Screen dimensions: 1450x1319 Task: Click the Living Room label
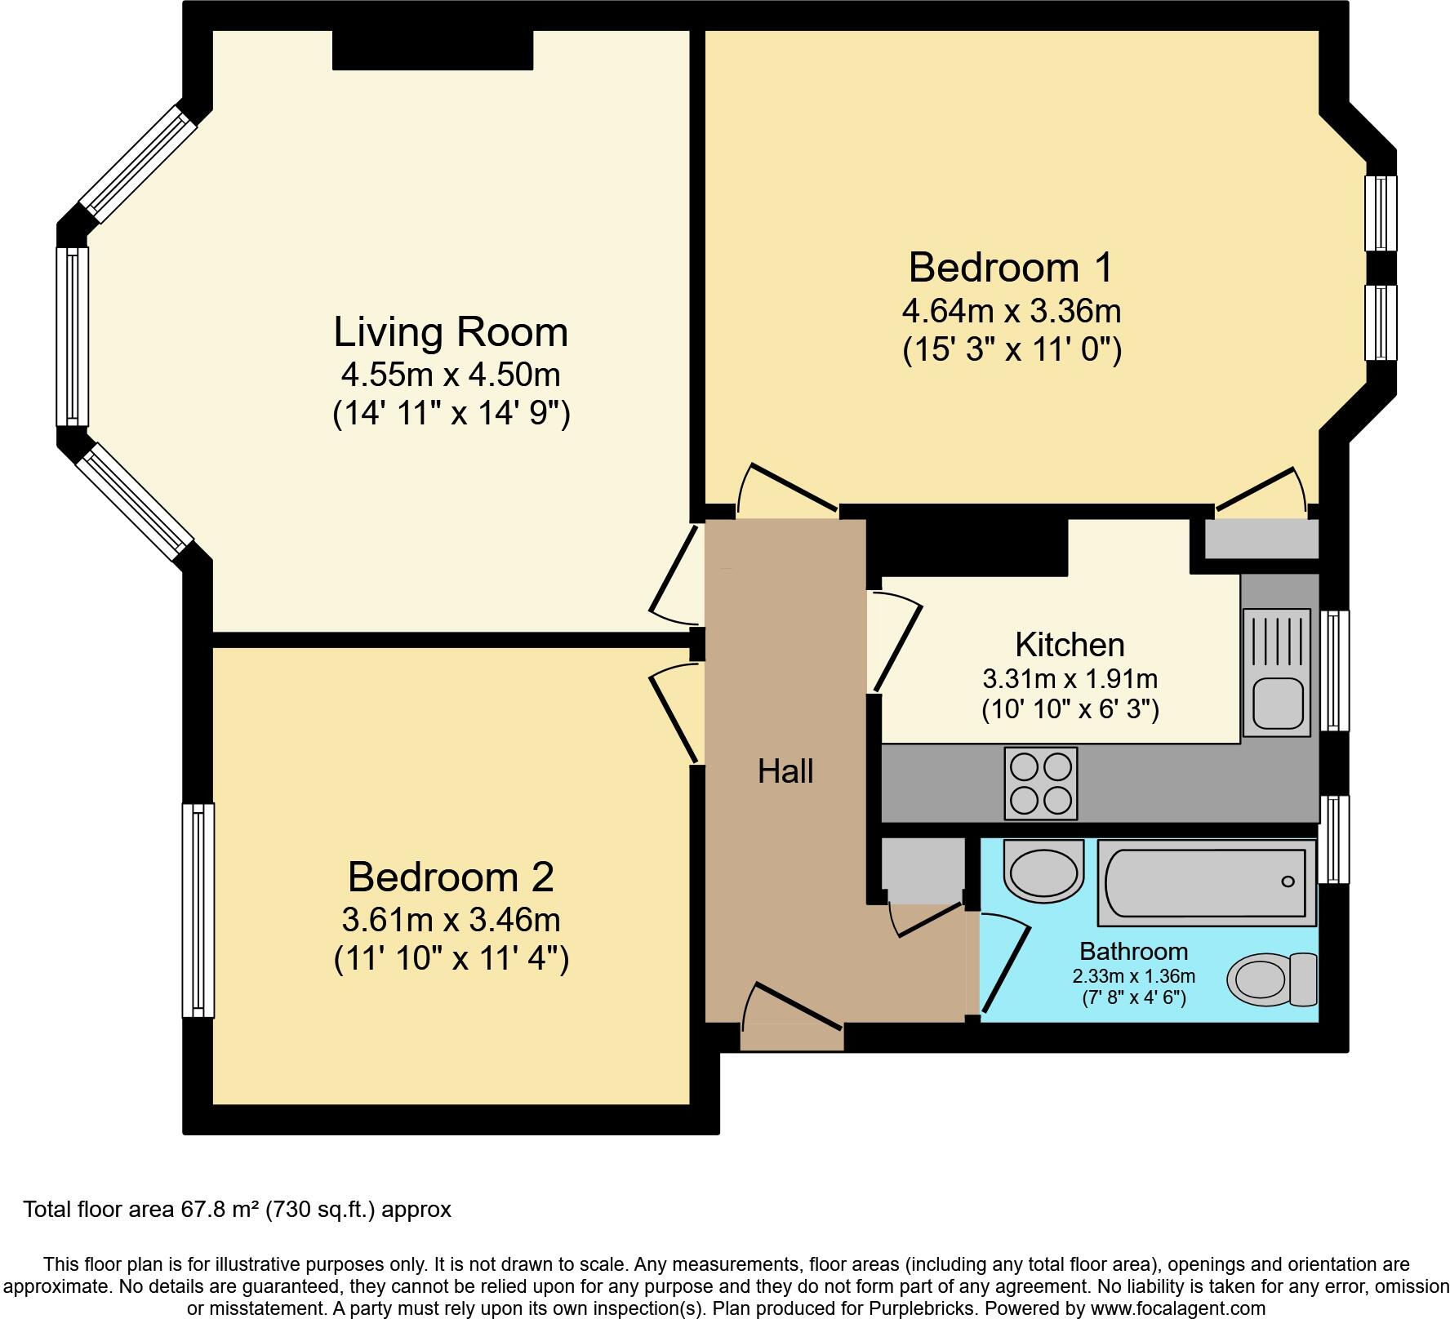pyautogui.click(x=451, y=332)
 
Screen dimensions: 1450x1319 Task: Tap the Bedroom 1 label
pyautogui.click(x=1011, y=268)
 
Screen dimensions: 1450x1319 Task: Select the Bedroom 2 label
pyautogui.click(x=451, y=877)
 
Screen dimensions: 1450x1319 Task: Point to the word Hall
pyautogui.click(x=785, y=771)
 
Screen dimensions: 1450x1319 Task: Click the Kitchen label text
pyautogui.click(x=1070, y=645)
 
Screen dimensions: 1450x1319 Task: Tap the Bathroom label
pyautogui.click(x=1133, y=951)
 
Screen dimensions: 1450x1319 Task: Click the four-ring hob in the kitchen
pyautogui.click(x=1041, y=784)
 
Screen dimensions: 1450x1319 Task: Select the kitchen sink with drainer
pyautogui.click(x=1276, y=669)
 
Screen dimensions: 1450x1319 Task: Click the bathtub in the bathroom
pyautogui.click(x=1207, y=882)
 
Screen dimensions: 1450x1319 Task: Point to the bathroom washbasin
pyautogui.click(x=1043, y=872)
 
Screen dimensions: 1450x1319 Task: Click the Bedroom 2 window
pyautogui.click(x=198, y=910)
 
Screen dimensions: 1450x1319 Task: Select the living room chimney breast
pyautogui.click(x=433, y=50)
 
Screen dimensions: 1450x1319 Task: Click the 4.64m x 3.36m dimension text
pyautogui.click(x=1012, y=311)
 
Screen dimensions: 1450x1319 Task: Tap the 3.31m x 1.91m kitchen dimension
pyautogui.click(x=1070, y=678)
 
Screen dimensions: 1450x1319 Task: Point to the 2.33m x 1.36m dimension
pyautogui.click(x=1134, y=976)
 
